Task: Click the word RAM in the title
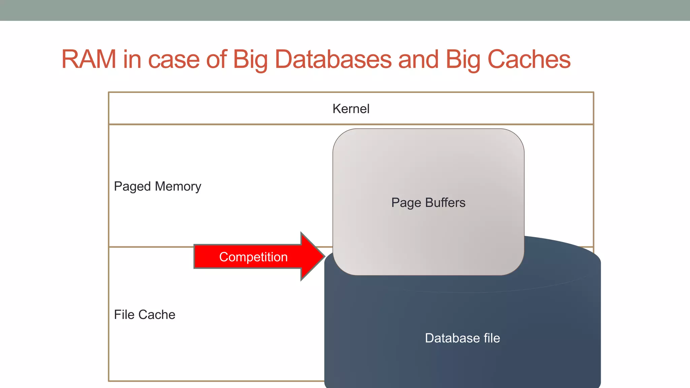tap(89, 60)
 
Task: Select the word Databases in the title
tap(333, 60)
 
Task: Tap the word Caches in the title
tap(529, 60)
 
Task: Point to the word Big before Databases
tap(250, 60)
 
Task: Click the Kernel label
tap(351, 109)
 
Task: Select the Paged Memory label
tap(157, 186)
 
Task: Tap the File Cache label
tap(145, 315)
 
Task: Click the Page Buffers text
tap(428, 203)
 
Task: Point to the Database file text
tap(462, 338)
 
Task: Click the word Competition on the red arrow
tap(253, 257)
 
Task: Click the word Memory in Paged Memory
tap(178, 186)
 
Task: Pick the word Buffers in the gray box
tap(445, 203)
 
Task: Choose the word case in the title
tap(174, 60)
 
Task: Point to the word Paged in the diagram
tap(132, 186)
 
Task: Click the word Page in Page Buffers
tap(406, 203)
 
